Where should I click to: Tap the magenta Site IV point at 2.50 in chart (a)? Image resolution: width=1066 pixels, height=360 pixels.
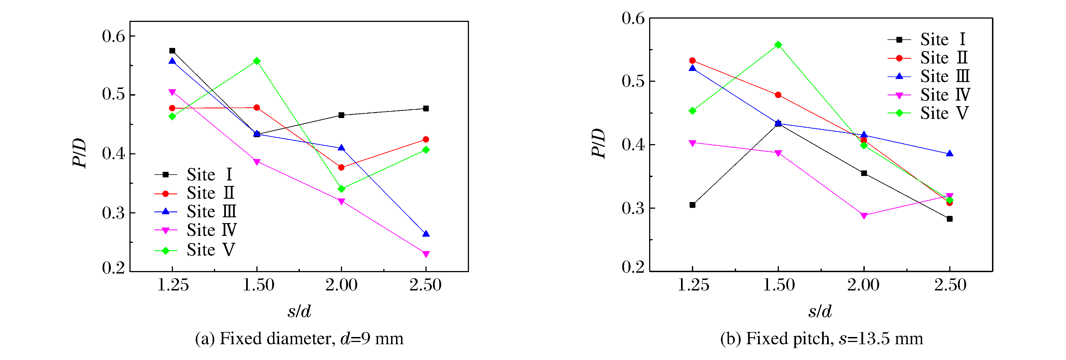(426, 254)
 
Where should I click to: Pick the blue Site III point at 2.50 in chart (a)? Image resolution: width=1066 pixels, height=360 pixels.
(426, 234)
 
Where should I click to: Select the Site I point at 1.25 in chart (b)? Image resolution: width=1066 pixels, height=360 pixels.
(692, 205)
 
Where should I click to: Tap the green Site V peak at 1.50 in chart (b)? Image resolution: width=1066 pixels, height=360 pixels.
(778, 45)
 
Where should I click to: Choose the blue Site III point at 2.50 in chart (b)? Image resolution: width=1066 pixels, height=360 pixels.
(950, 154)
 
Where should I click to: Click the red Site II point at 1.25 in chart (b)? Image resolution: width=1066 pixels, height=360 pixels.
(692, 61)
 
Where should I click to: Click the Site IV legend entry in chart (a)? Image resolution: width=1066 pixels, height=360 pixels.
(195, 230)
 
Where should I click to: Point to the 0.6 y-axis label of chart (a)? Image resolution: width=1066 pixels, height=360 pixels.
(113, 36)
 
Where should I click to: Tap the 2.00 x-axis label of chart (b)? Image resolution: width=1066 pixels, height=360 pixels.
(863, 285)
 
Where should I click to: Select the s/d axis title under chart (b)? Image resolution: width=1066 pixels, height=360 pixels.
(820, 311)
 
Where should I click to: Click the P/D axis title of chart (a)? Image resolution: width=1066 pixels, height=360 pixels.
(80, 153)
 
